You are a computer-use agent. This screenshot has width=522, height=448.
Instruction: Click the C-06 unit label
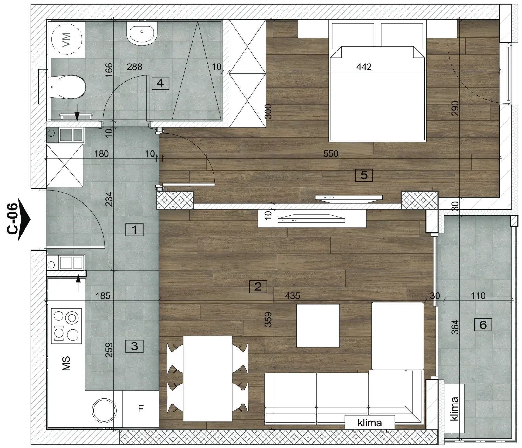click(x=13, y=219)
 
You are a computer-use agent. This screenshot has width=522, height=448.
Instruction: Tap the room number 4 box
click(x=160, y=83)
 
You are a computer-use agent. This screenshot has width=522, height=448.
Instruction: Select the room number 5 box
click(x=364, y=175)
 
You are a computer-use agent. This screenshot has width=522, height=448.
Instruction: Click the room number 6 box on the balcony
click(x=483, y=325)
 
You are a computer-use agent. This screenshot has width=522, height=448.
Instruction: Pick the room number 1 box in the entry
click(x=134, y=229)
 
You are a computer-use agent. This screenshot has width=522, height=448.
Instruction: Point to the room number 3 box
click(x=134, y=346)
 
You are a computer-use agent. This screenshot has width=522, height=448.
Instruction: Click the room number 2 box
click(x=258, y=287)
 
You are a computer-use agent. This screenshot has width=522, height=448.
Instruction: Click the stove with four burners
click(x=66, y=324)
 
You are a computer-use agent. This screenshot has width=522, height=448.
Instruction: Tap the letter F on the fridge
click(x=141, y=409)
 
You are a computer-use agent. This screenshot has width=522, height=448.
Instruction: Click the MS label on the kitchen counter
click(x=66, y=363)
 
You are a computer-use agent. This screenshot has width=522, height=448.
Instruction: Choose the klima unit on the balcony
click(x=454, y=409)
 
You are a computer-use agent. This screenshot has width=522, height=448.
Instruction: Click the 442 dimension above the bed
click(x=364, y=67)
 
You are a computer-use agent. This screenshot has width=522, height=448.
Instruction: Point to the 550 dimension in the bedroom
click(x=331, y=154)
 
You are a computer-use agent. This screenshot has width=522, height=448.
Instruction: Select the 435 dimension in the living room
click(x=292, y=296)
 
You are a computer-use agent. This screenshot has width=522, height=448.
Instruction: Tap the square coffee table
click(x=318, y=326)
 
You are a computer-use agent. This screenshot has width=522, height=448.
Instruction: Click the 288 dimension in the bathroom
click(x=134, y=67)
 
